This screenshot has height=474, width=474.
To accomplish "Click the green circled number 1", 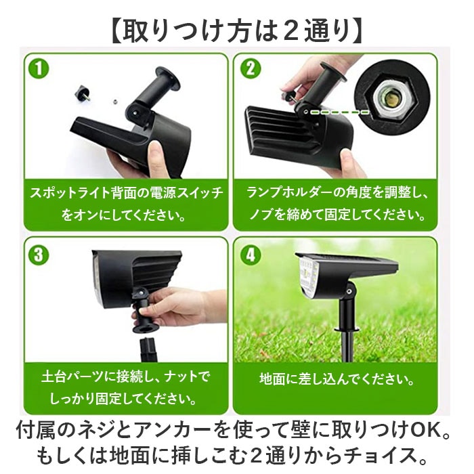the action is pos(39,68).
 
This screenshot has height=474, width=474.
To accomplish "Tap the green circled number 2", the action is pos(251,68).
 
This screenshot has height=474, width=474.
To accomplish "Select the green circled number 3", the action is pos(39,255).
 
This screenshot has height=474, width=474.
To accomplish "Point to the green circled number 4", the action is pos(251,255).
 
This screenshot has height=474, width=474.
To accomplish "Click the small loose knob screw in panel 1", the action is pos(83,93).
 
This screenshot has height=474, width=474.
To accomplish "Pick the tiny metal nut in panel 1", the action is pos(115,102).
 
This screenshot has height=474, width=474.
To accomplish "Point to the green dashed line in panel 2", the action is pos(340,112).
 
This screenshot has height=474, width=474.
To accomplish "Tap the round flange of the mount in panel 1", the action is pos(168,79).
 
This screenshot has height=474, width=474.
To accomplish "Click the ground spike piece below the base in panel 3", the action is pos(148,350).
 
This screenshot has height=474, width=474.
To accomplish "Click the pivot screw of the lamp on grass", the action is pos(350,292).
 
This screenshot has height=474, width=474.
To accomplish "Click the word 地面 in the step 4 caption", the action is pos(272,379).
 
